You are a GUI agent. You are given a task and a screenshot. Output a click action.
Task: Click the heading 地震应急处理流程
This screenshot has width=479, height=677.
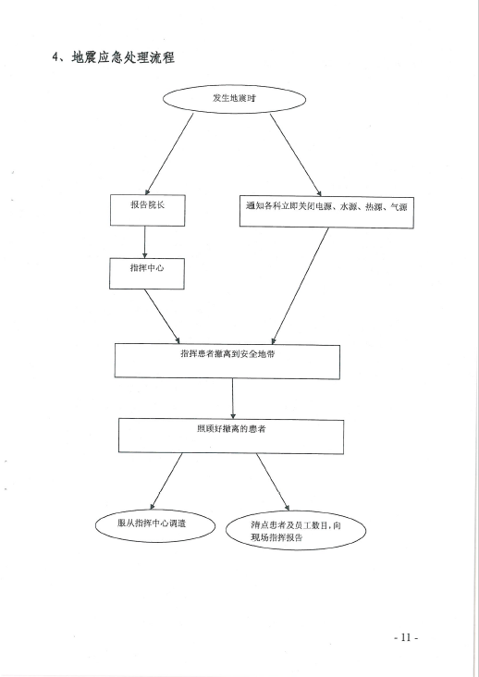click(123, 57)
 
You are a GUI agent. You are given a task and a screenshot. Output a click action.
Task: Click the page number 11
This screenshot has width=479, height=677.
click(406, 637)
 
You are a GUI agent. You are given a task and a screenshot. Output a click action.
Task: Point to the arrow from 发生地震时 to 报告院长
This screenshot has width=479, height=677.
click(169, 154)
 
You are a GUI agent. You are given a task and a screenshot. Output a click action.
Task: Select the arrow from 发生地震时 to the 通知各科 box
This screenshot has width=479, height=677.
click(296, 155)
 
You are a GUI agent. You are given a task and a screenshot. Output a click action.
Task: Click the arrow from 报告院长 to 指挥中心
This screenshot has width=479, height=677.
click(144, 242)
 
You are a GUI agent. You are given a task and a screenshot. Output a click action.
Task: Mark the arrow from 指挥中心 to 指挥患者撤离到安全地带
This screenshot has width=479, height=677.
click(162, 316)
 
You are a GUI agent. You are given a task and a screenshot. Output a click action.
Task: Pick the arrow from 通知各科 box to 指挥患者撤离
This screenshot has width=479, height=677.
click(300, 287)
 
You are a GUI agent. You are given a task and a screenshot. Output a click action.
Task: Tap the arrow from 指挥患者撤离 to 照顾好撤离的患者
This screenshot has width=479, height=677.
click(233, 399)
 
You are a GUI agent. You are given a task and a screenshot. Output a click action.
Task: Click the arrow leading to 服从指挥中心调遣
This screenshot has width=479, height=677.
click(166, 482)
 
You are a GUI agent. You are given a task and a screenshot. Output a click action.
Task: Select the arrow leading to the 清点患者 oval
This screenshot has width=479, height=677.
click(273, 482)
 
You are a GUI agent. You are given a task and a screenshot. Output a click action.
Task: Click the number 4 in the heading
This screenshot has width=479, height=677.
click(55, 57)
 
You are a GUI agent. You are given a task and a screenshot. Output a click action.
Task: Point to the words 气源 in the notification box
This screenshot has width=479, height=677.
click(399, 207)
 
